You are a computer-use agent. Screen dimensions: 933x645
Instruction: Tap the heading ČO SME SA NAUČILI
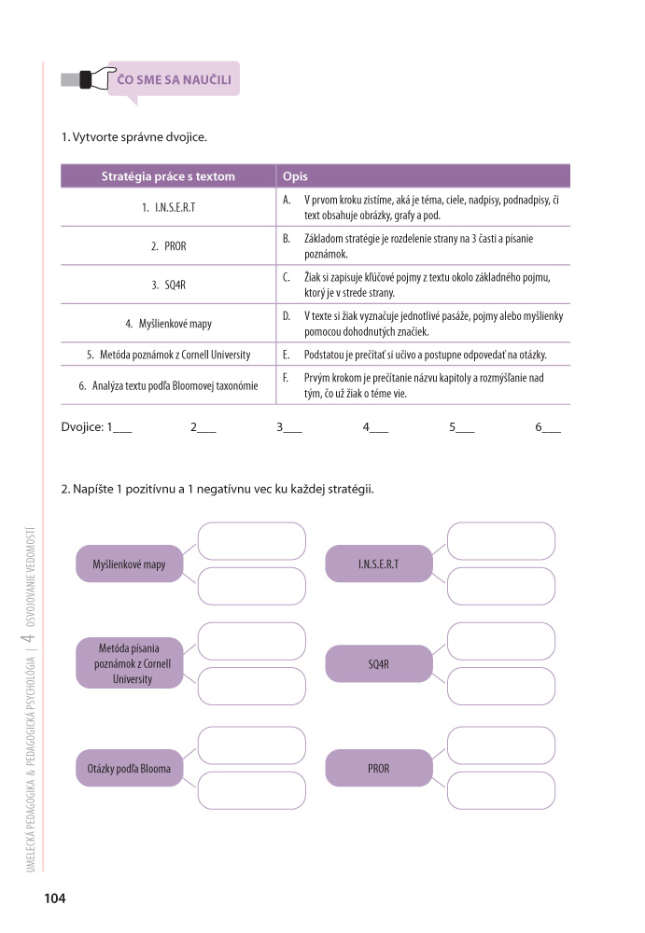click(175, 79)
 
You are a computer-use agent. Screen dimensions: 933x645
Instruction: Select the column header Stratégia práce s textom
click(168, 176)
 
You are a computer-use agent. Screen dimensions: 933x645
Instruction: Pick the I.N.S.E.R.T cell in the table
click(168, 207)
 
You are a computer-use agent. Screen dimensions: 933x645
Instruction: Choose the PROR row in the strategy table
click(168, 246)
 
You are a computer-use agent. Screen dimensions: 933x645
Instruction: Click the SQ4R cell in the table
click(168, 285)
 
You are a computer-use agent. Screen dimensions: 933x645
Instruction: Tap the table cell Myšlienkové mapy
click(168, 324)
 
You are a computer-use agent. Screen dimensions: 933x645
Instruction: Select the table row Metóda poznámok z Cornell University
click(168, 355)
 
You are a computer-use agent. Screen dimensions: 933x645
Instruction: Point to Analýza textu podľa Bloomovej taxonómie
click(168, 384)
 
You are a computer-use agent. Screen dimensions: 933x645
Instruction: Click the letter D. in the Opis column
click(287, 316)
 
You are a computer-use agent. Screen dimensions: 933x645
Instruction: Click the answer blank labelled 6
click(552, 429)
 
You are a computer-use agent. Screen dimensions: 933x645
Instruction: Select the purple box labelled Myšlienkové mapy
click(129, 564)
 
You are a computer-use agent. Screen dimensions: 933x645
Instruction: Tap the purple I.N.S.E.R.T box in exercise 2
click(378, 564)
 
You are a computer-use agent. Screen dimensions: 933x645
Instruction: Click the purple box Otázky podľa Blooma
click(129, 769)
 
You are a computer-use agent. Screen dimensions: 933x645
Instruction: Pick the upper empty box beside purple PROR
click(501, 745)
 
